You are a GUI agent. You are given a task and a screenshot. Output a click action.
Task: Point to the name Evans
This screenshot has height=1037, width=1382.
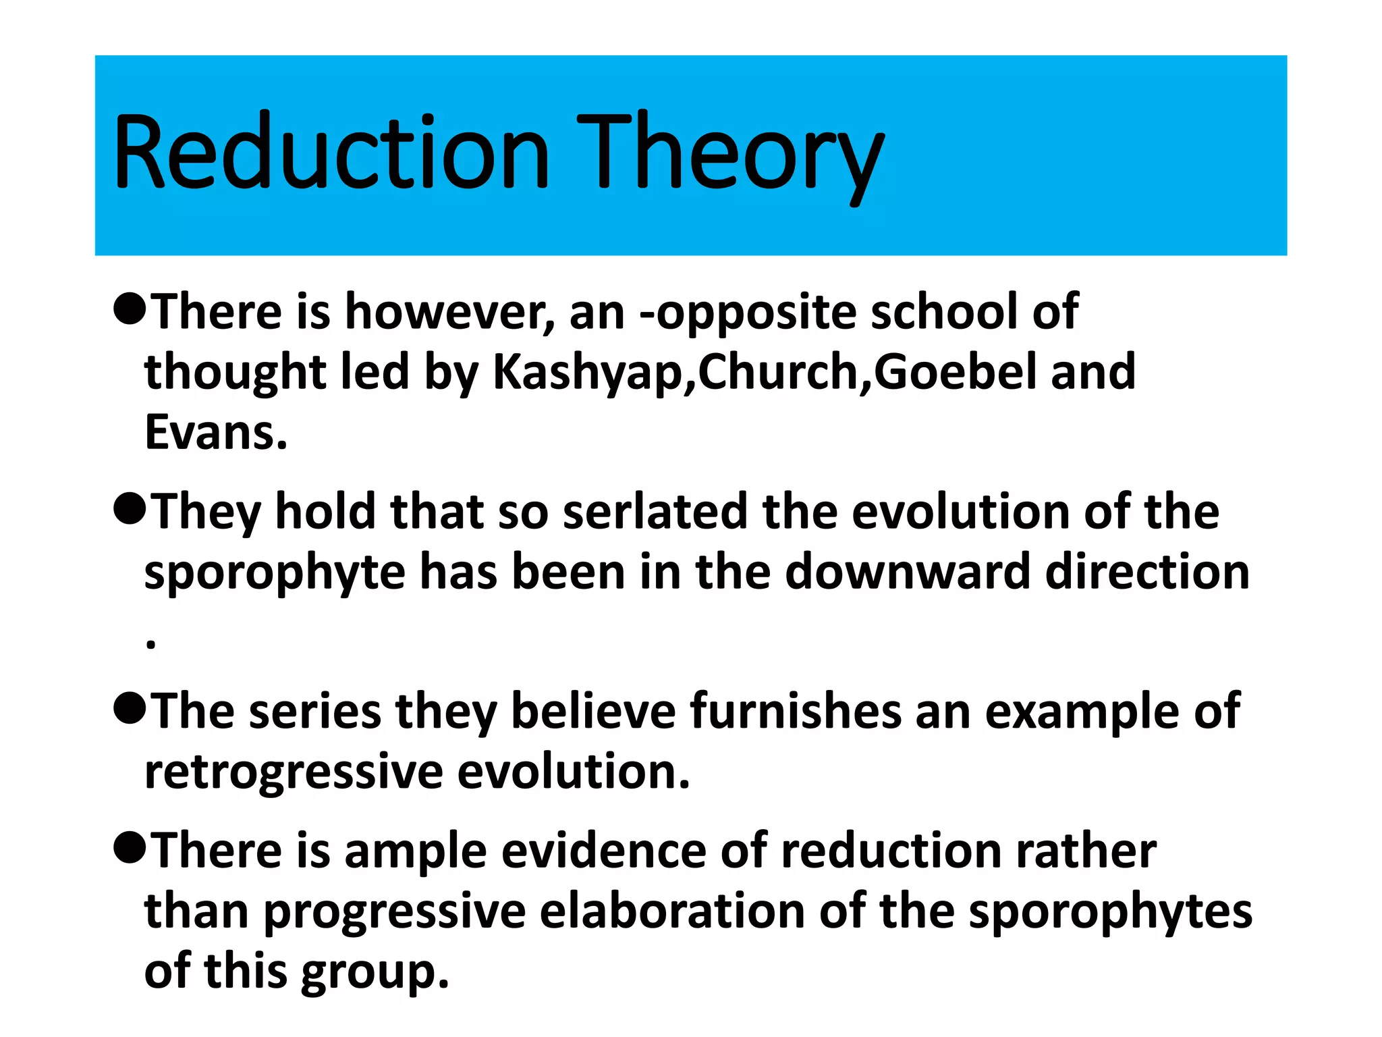216,433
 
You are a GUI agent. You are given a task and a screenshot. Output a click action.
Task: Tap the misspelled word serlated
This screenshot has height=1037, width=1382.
655,512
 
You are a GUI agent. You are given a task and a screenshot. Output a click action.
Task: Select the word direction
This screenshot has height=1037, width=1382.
1147,573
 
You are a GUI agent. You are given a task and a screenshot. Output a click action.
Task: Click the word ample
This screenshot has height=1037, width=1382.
416,852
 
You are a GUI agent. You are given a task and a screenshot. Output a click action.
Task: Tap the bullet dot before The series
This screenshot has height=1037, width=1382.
130,709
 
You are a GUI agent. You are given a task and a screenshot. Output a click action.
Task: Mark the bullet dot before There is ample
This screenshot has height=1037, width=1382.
130,848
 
